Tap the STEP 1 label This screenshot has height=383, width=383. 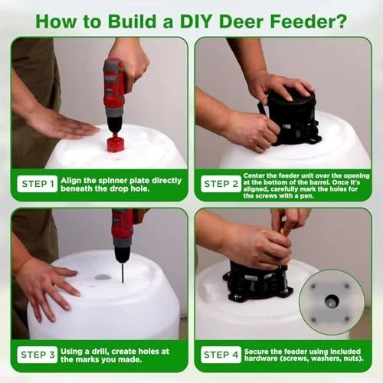pos(38,184)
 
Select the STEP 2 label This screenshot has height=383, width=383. pos(221,184)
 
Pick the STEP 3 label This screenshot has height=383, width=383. pos(38,355)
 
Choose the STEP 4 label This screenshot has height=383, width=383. pos(221,355)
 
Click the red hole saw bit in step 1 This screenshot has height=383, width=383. pos(116,142)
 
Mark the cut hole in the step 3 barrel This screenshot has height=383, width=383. pos(103,277)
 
